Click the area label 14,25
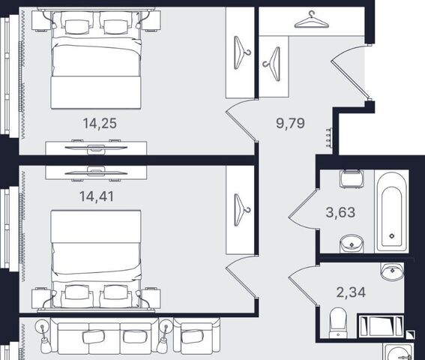point(100,124)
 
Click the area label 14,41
point(97,196)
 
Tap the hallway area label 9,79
point(290,123)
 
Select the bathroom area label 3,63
point(340,212)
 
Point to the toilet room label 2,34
point(351,292)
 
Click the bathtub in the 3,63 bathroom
point(392,211)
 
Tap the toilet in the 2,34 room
point(338,322)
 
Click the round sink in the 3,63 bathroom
point(352,243)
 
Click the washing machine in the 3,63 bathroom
point(352,179)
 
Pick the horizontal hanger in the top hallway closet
point(312,19)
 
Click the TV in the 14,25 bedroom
point(96,148)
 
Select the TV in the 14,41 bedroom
point(96,172)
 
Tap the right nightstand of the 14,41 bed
point(151,298)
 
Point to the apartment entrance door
point(349,72)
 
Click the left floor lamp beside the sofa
point(43,337)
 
